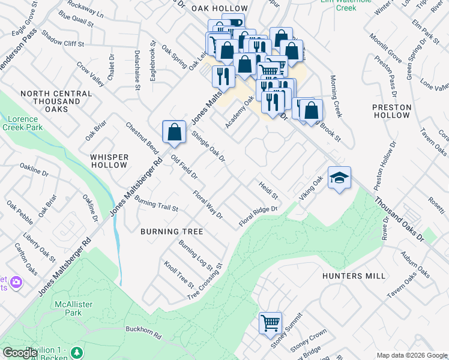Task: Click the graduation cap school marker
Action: coord(339,179)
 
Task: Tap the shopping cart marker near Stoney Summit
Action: coord(270,323)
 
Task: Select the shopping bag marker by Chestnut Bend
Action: coord(173,132)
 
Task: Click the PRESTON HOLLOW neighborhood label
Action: coord(391,111)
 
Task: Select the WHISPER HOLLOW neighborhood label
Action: coord(109,161)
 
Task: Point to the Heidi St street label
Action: coord(268,191)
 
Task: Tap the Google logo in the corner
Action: coord(20,353)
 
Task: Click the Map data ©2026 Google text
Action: coord(411,355)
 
